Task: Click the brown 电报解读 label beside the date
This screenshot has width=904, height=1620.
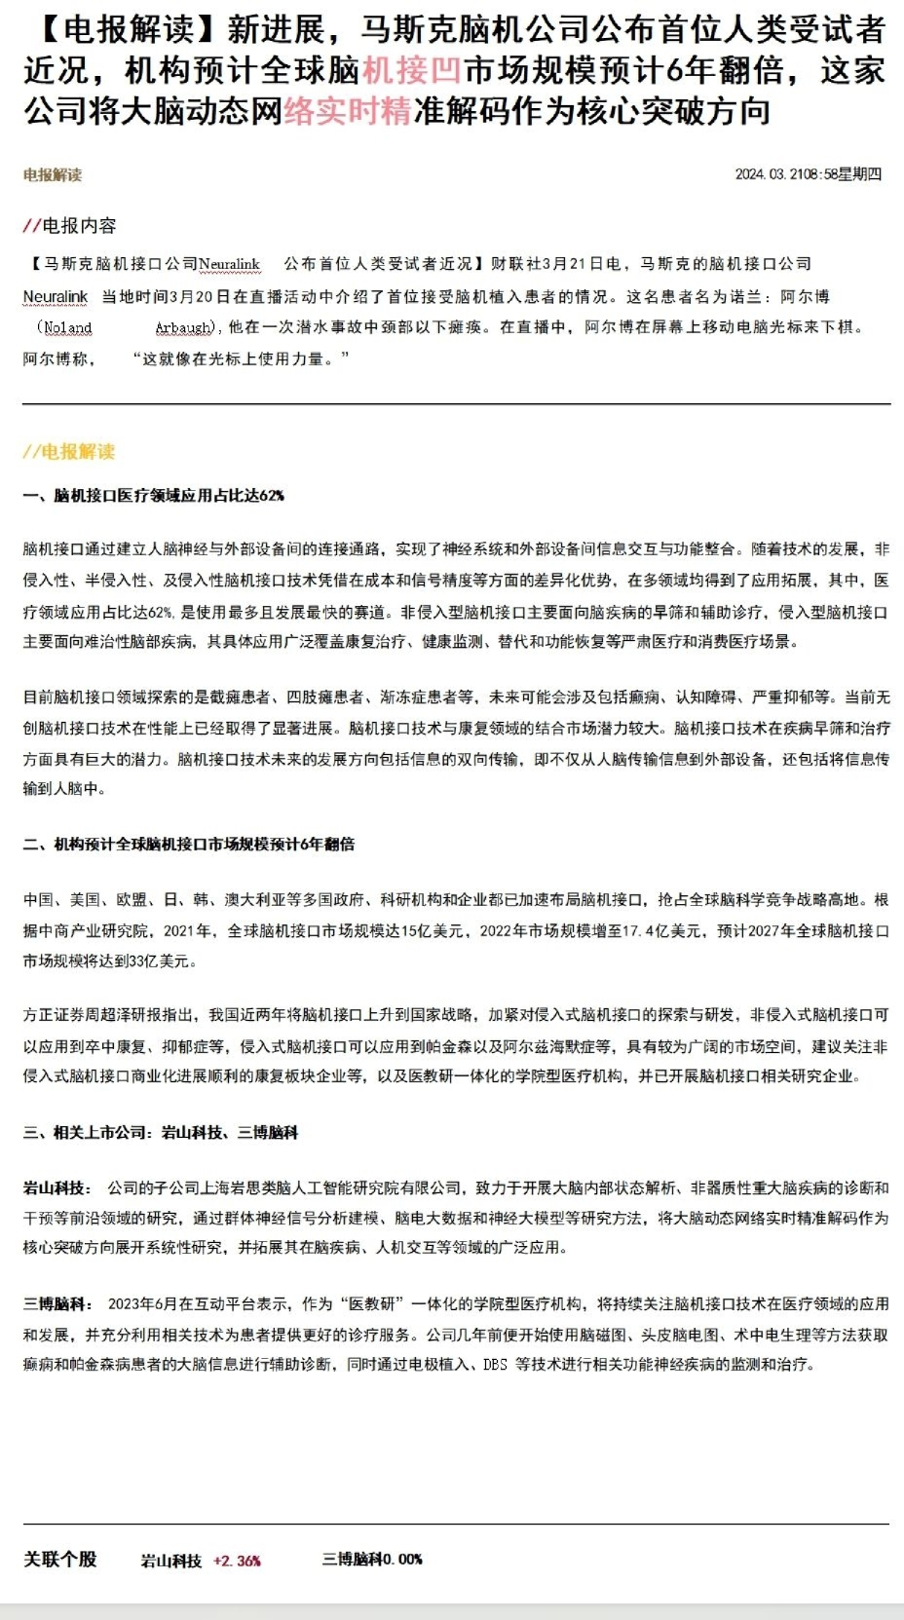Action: tap(53, 174)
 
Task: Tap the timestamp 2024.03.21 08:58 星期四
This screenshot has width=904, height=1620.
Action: tap(808, 173)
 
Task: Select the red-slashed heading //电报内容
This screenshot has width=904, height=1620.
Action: tap(69, 225)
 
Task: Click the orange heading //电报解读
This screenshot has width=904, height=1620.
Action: tap(69, 451)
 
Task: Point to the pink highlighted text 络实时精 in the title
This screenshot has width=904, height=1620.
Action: tap(348, 111)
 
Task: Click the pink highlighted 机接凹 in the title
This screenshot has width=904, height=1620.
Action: tap(411, 70)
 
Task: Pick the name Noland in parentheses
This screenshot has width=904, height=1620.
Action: tap(68, 327)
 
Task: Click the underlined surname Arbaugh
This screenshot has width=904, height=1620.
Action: tap(184, 327)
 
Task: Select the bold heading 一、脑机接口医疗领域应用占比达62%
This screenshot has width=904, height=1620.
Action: tap(154, 495)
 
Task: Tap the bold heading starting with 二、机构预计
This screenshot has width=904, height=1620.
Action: tap(189, 844)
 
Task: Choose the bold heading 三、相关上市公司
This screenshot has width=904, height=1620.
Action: tap(161, 1132)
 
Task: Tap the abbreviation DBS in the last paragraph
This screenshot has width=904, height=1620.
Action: tap(495, 1364)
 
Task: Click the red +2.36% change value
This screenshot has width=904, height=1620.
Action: tap(237, 1560)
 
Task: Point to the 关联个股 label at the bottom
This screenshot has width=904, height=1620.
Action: tap(60, 1559)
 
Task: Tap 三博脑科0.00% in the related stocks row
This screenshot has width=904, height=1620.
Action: tap(372, 1559)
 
